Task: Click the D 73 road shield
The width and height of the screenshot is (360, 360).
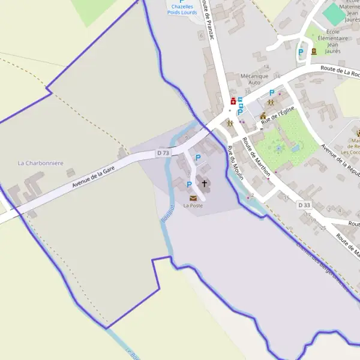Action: [x=163, y=153]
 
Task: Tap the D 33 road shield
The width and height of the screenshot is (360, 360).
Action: [x=305, y=205]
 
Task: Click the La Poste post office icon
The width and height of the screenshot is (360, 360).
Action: [x=193, y=197]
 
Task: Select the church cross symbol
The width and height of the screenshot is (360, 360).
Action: [x=204, y=184]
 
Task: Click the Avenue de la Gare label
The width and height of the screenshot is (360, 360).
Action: [x=93, y=178]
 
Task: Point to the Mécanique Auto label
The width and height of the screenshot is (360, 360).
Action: [x=254, y=79]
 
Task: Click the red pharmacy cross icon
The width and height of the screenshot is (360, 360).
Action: [x=233, y=101]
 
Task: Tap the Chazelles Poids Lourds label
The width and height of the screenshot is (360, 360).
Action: [x=182, y=10]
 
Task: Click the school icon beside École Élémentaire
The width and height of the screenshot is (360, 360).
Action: [x=314, y=52]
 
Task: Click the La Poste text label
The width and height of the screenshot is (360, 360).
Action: [x=193, y=206]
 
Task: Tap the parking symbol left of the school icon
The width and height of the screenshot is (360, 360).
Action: [x=301, y=52]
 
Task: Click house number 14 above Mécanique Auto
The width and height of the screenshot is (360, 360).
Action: [x=266, y=67]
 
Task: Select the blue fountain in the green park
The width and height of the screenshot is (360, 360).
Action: [x=295, y=148]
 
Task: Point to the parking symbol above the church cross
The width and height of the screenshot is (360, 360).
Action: [x=198, y=158]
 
